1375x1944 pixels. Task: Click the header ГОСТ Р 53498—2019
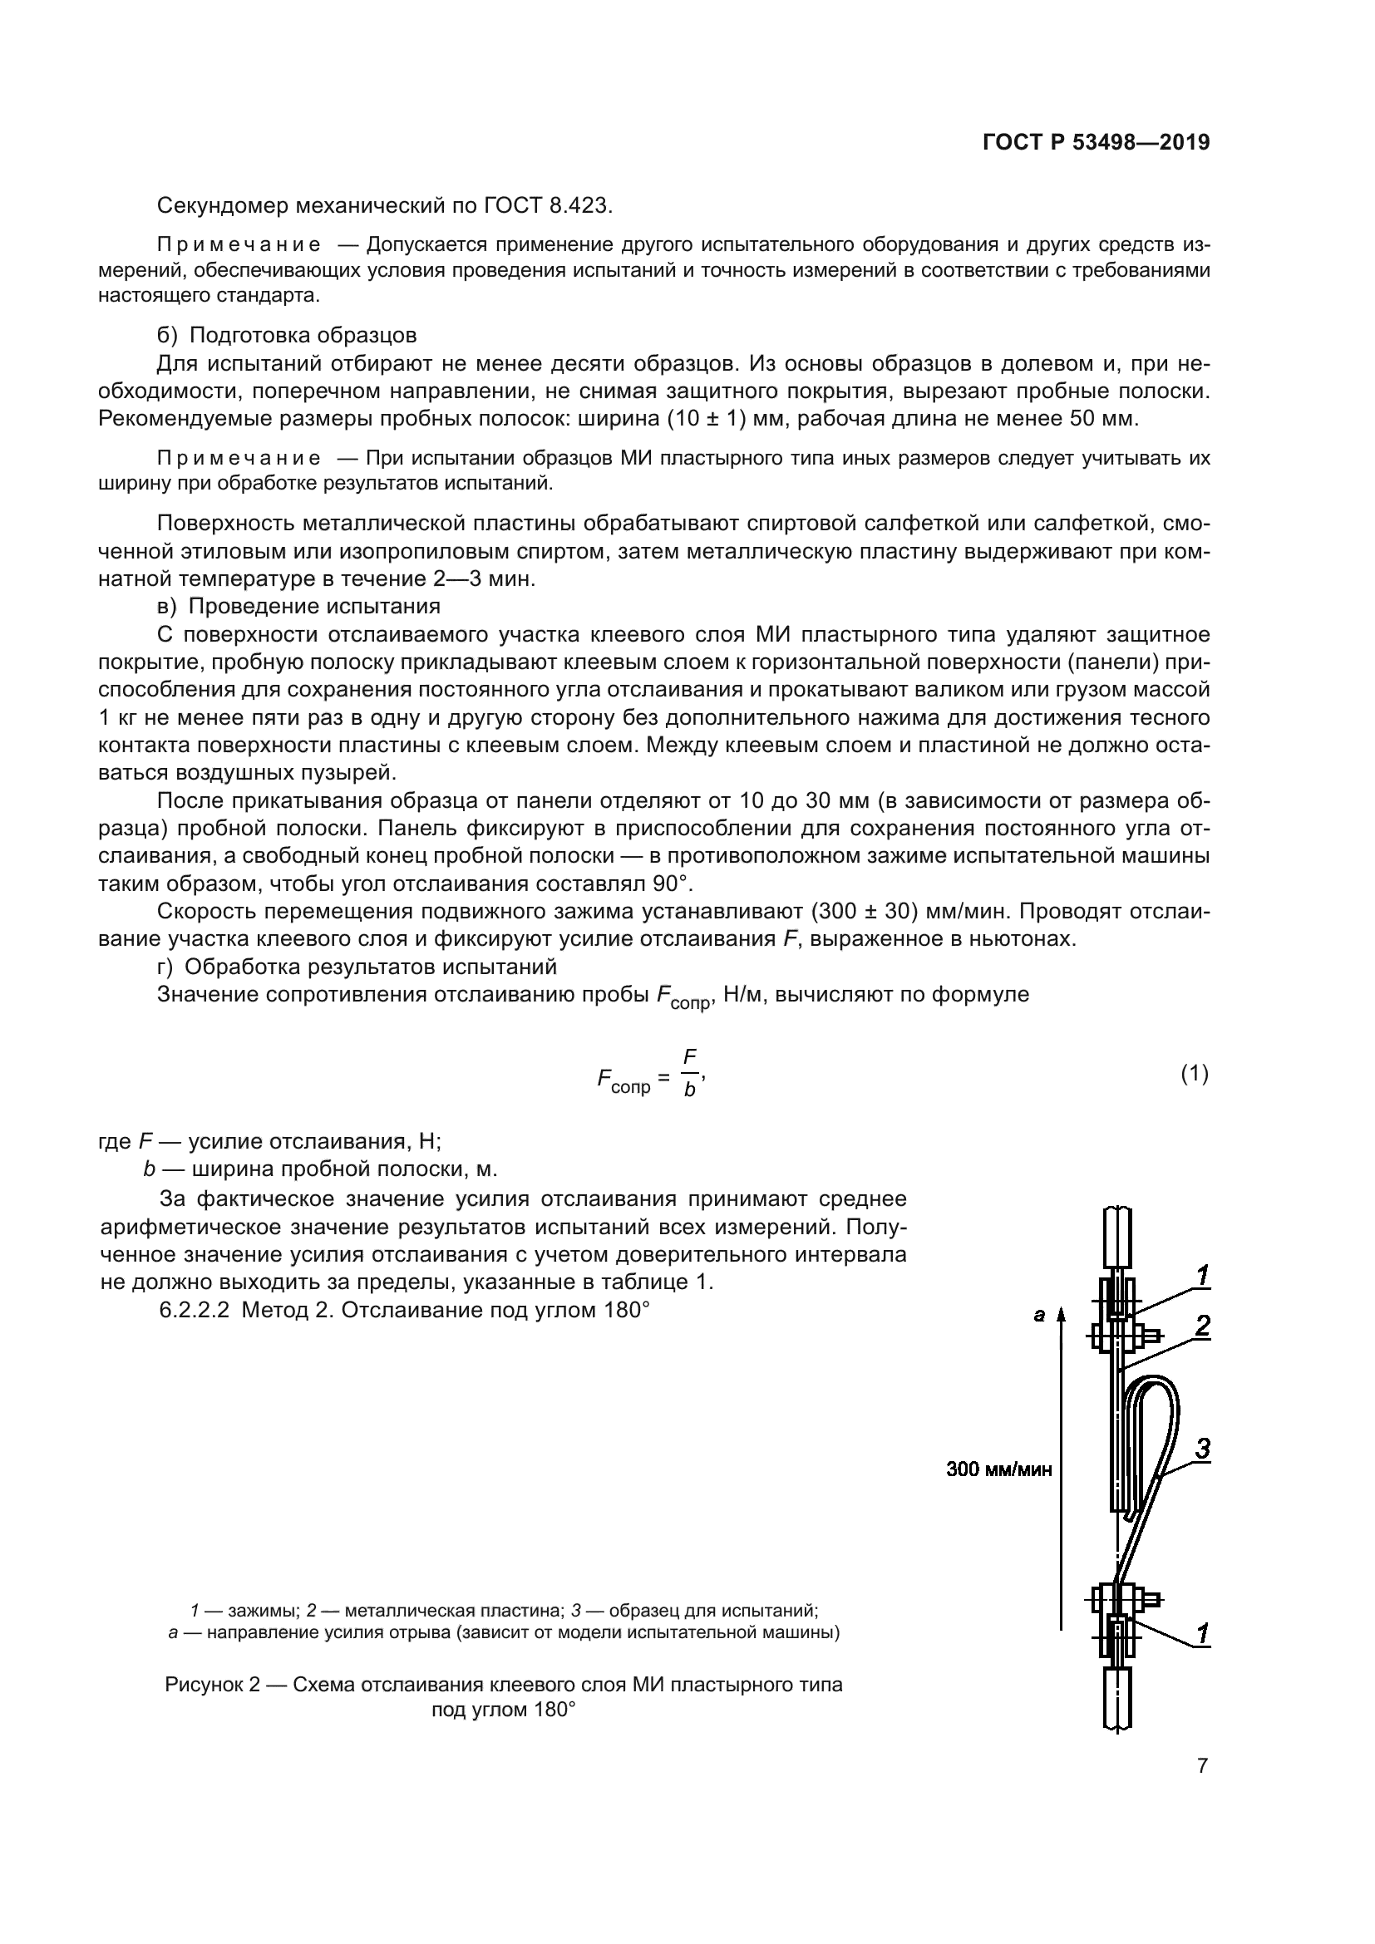point(1096,143)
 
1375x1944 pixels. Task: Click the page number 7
point(1202,1765)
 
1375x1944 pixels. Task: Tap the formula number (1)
point(1195,1075)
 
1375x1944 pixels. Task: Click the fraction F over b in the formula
point(690,1073)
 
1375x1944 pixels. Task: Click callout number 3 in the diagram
point(1201,1449)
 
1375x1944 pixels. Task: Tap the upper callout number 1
point(1201,1275)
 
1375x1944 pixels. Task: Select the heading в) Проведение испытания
point(299,606)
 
